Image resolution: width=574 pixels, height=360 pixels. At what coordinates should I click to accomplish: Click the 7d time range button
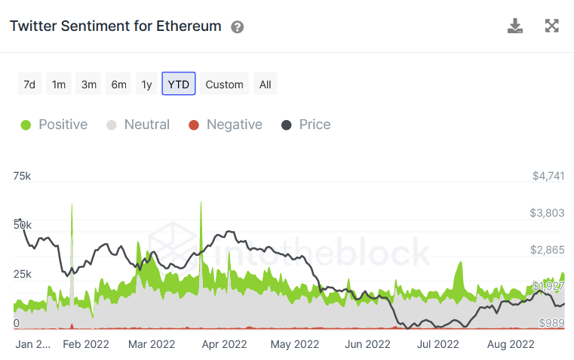tap(29, 84)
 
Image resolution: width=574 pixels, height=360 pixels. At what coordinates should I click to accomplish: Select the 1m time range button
tap(59, 84)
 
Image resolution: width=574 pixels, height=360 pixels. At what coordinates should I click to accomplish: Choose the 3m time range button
tap(89, 84)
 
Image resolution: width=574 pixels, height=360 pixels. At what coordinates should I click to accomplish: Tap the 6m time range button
tap(118, 84)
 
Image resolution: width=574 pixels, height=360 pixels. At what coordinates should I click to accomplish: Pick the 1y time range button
tap(146, 84)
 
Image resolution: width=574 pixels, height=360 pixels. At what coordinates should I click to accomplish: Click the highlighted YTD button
tap(179, 84)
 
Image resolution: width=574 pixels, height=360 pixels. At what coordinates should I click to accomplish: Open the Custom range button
tap(224, 84)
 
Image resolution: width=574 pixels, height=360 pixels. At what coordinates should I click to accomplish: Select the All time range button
tap(266, 84)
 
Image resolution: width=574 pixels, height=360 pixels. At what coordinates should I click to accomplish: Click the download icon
tap(515, 26)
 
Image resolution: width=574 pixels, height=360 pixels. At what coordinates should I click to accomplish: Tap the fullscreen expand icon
tap(552, 26)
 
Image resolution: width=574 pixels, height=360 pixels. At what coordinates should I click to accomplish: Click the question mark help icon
tap(238, 27)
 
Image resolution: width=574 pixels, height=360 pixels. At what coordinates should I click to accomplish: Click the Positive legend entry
tap(54, 125)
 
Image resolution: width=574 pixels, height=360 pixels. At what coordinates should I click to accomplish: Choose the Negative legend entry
tap(226, 125)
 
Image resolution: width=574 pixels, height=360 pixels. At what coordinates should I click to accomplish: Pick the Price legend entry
tap(306, 125)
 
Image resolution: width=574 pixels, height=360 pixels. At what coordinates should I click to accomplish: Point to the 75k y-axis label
tap(22, 176)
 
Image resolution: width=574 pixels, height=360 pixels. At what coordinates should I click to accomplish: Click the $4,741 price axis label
tap(548, 176)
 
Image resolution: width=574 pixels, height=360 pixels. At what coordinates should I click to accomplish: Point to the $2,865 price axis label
tap(548, 250)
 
